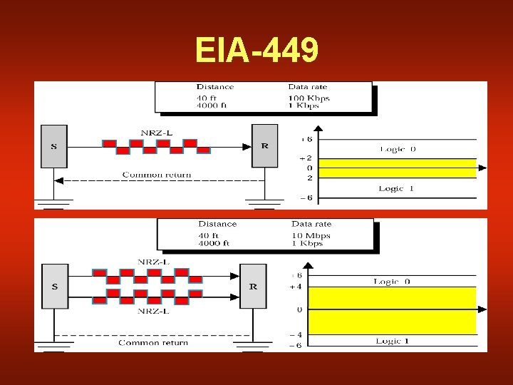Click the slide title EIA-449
(x=256, y=51)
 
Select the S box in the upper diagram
(x=54, y=146)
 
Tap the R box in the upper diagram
(x=265, y=146)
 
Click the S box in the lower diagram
(x=54, y=286)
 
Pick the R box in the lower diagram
(x=253, y=286)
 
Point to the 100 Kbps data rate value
(x=309, y=98)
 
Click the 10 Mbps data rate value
(x=310, y=235)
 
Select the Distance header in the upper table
(x=215, y=87)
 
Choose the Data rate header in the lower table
(x=311, y=224)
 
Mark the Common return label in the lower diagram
(x=153, y=343)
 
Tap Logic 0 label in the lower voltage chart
(x=392, y=282)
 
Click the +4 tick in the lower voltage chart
(x=295, y=287)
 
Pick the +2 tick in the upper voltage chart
(x=305, y=158)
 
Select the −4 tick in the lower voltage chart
(x=294, y=334)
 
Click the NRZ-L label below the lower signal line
(x=154, y=311)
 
